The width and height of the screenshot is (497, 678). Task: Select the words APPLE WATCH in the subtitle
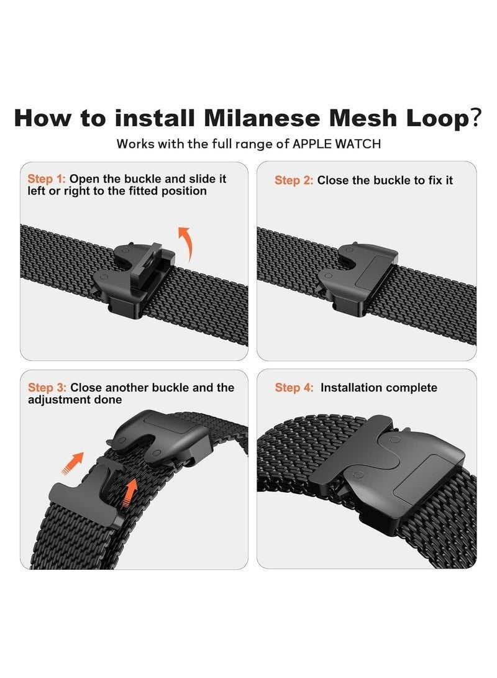pos(345,144)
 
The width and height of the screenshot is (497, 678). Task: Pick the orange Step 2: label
pos(294,180)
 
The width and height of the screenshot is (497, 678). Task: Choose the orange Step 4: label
pos(294,388)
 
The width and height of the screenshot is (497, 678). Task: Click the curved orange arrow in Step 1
pos(185,244)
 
